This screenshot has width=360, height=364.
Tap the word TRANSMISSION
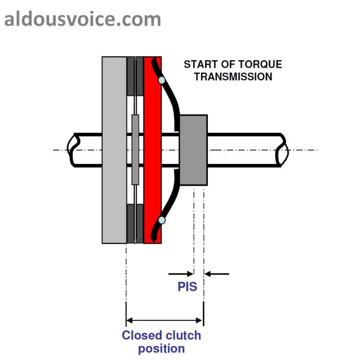click(x=233, y=76)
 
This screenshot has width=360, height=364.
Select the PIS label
click(x=187, y=287)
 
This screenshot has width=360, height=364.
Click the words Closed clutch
click(x=161, y=335)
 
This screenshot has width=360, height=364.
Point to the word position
click(x=161, y=348)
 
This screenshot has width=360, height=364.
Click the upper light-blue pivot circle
click(x=162, y=80)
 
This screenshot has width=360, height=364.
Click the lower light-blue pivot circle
click(x=162, y=220)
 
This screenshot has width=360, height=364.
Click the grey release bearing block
click(x=193, y=150)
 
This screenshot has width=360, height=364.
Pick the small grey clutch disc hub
click(x=135, y=150)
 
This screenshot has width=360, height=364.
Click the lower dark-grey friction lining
click(x=135, y=224)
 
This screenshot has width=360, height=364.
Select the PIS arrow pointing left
click(x=217, y=274)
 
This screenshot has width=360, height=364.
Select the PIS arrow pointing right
click(x=180, y=274)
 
